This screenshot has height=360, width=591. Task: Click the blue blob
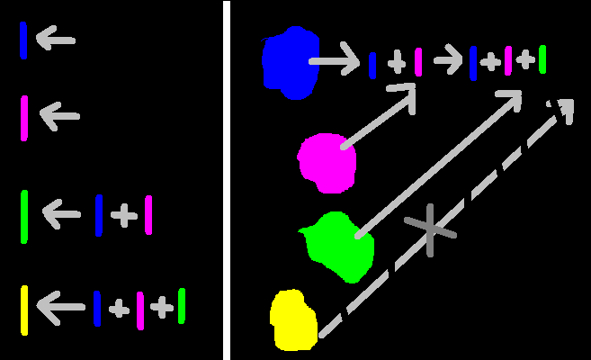(x=291, y=62)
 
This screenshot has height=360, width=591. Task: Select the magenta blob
(x=327, y=163)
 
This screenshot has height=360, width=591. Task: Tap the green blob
(x=339, y=245)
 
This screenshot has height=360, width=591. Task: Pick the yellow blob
(x=293, y=319)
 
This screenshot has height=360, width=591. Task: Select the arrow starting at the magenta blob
(x=378, y=117)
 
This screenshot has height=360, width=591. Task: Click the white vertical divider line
(x=227, y=180)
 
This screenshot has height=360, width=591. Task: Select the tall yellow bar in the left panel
(x=24, y=310)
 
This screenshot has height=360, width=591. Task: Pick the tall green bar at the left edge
(x=24, y=216)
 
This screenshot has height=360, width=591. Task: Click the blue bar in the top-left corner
(x=23, y=40)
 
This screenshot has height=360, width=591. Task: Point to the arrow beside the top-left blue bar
(x=55, y=40)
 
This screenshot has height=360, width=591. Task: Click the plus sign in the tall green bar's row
(x=124, y=215)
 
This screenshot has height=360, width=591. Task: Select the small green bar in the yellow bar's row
(x=182, y=306)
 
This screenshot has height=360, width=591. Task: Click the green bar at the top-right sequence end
(x=542, y=59)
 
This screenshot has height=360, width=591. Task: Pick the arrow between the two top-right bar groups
(x=448, y=61)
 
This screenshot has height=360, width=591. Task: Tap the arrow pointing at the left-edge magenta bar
(x=59, y=116)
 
